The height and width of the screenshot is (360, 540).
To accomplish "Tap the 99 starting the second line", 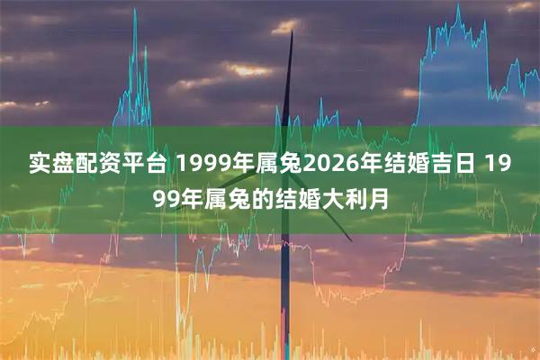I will pyautogui.click(x=160, y=196).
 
